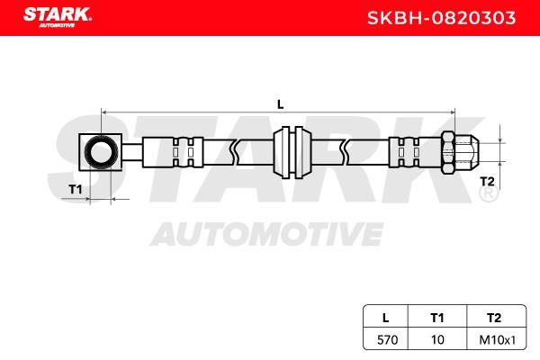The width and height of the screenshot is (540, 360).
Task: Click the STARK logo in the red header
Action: pyautogui.click(x=58, y=17)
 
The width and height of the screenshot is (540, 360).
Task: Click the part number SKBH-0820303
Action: pyautogui.click(x=442, y=18)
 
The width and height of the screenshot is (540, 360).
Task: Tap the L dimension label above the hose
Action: pyautogui.click(x=280, y=104)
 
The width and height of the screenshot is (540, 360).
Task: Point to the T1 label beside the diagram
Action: pyautogui.click(x=75, y=189)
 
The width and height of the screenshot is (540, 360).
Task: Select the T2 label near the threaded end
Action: pyautogui.click(x=487, y=181)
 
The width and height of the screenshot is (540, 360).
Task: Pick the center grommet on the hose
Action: pyautogui.click(x=292, y=152)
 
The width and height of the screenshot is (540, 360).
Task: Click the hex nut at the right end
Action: pyautogui.click(x=447, y=152)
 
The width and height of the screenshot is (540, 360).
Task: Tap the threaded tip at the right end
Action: pyautogui.click(x=466, y=152)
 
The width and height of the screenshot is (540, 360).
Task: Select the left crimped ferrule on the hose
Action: pyautogui.click(x=173, y=152)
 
